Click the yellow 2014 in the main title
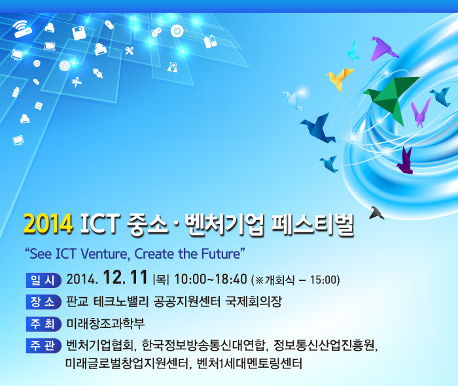[47, 225]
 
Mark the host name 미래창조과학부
[105, 324]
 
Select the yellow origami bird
[340, 79]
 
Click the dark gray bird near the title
[376, 212]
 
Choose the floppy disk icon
[79, 33]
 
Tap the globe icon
[64, 65]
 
